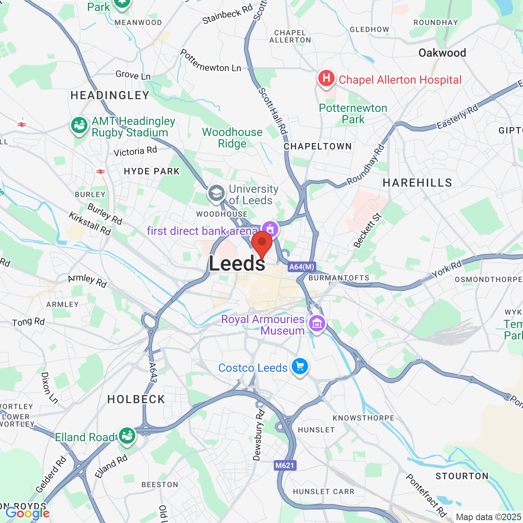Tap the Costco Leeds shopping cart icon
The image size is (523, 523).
pos(300,366)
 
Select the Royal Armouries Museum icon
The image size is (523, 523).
pos(317,324)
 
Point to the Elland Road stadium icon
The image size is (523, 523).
pos(127,436)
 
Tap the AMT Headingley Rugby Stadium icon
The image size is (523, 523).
pos(79,125)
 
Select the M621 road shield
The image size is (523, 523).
pos(285,465)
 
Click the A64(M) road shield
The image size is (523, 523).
pos(302,267)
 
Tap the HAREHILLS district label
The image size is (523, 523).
pos(417,183)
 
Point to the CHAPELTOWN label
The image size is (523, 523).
pos(317,146)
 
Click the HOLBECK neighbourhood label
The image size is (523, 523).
pos(136,399)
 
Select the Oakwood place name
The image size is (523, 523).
pos(442,53)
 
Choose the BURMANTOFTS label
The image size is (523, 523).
pos(339,278)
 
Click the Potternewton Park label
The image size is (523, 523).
pos(353,114)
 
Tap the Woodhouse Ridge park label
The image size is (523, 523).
pos(232,138)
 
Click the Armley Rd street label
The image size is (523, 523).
pos(87,281)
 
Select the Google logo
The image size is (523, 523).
pos(27,513)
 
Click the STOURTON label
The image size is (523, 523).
pos(462,476)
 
